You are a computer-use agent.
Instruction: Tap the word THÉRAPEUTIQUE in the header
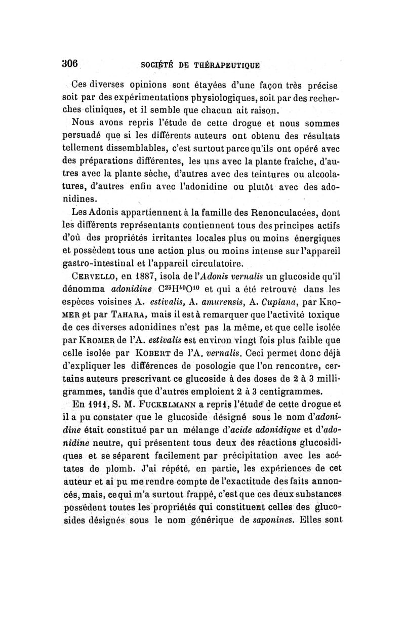(228, 65)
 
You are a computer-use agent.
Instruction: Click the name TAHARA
(121, 319)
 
